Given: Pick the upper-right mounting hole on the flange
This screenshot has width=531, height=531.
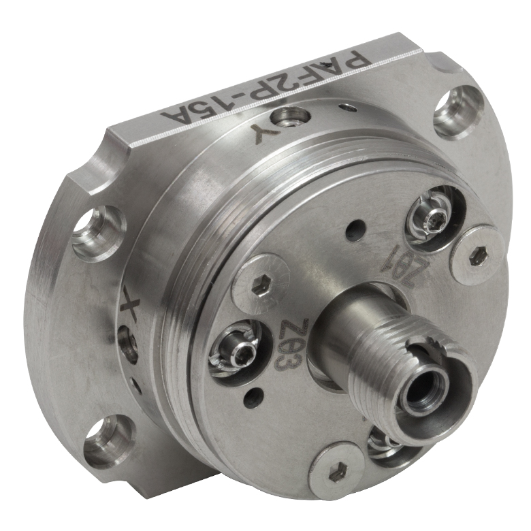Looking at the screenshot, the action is pos(455,110).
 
